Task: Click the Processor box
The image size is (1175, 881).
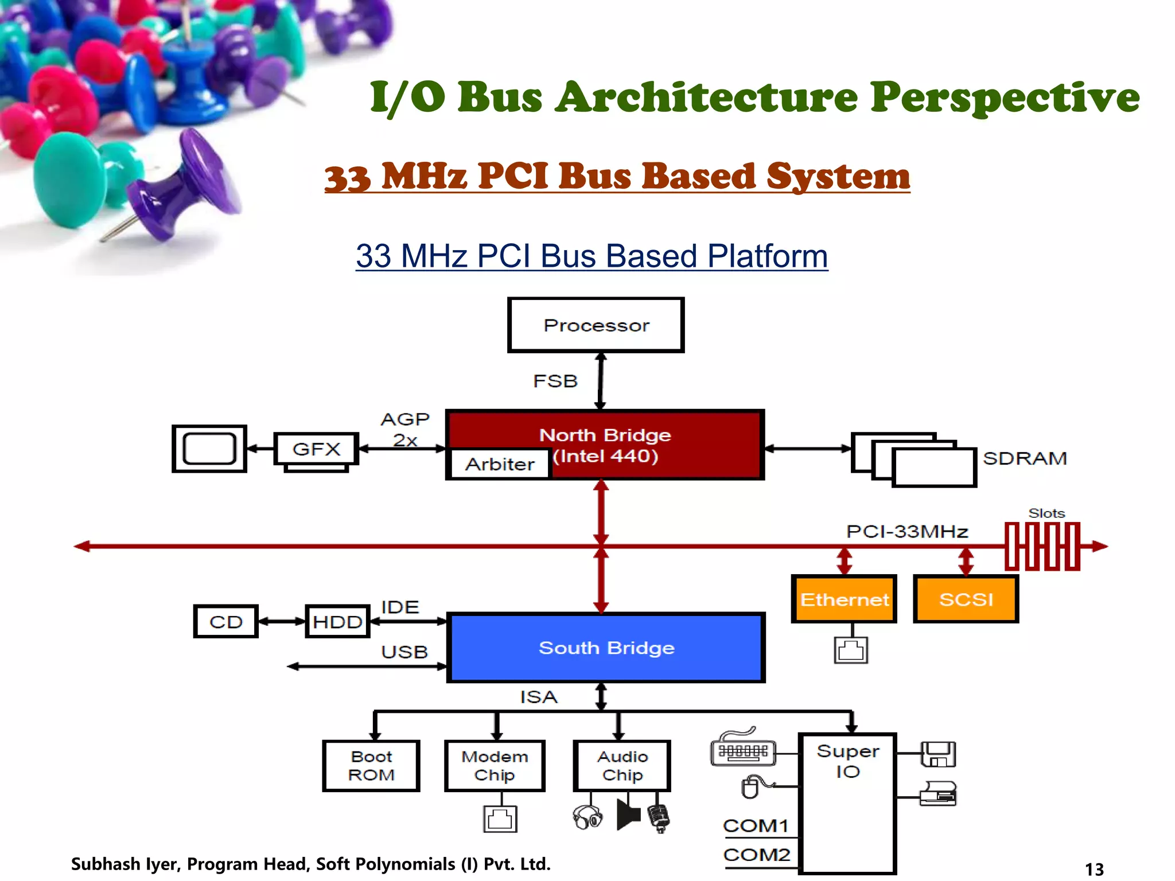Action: tap(596, 325)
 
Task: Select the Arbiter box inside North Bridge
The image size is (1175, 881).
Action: tap(499, 463)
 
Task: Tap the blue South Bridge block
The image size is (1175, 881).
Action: tap(606, 648)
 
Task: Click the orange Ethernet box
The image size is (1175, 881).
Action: tap(843, 599)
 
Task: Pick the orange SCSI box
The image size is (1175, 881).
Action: tap(966, 599)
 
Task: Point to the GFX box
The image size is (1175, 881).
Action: tap(316, 449)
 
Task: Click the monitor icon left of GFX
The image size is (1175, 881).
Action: tap(209, 449)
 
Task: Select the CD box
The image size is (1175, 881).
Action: tap(225, 621)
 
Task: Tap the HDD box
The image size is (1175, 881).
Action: tap(337, 621)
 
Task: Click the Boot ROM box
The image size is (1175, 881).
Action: tap(371, 766)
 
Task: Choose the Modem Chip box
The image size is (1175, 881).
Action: tap(495, 766)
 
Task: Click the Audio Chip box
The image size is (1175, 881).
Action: tap(622, 766)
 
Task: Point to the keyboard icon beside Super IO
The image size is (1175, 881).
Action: tap(742, 749)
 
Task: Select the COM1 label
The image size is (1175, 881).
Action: tap(756, 826)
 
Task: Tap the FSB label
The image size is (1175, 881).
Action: tap(555, 381)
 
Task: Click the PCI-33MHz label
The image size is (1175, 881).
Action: tap(907, 531)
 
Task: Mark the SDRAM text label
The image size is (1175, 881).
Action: tap(1025, 458)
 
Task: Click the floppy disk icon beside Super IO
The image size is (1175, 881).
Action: tap(938, 754)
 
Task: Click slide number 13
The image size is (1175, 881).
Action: tap(1094, 869)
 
